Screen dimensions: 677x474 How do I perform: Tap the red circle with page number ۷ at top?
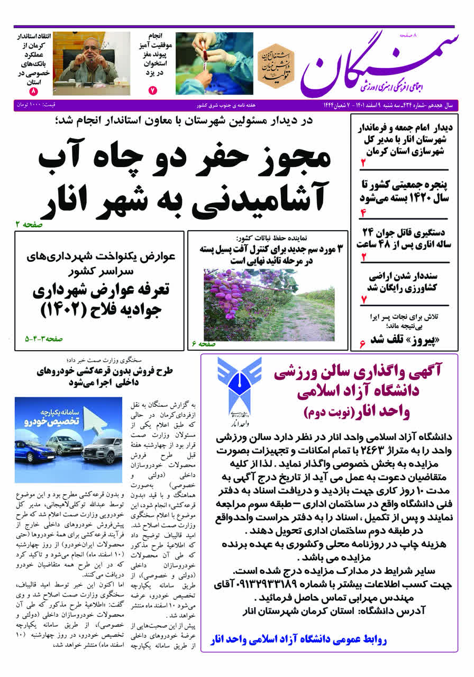tap(153, 90)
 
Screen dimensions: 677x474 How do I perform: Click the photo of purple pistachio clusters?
tap(269, 305)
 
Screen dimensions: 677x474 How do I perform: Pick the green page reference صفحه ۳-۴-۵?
tap(43, 338)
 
